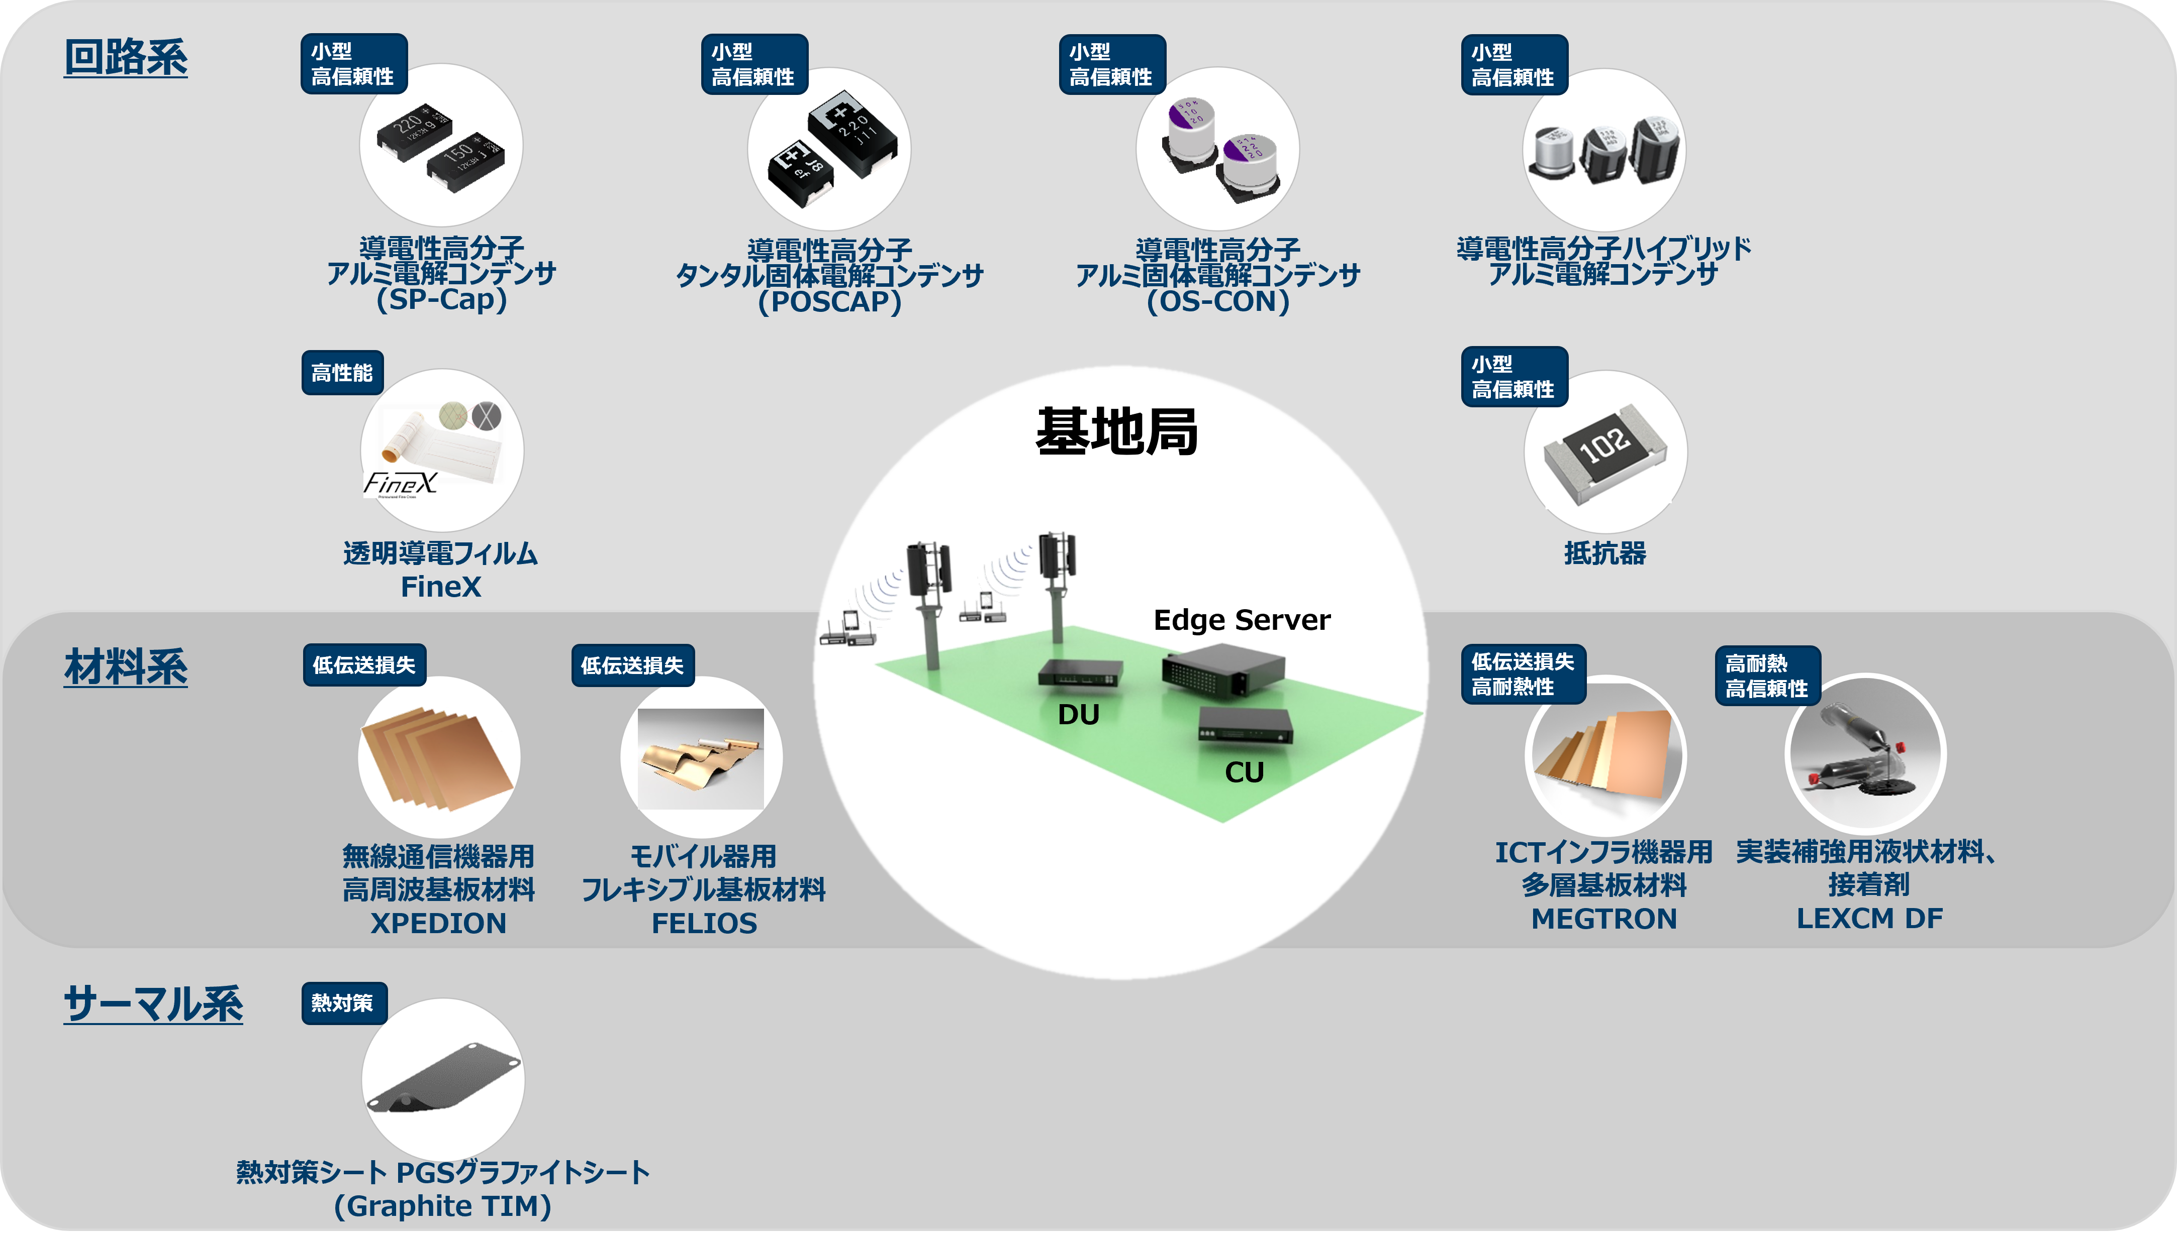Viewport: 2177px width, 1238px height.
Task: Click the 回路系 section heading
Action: pos(126,58)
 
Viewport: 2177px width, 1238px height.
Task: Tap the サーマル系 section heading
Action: pos(153,1003)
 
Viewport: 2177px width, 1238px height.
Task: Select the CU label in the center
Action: pos(1244,772)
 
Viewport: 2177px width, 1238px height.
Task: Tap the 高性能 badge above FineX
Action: pos(342,373)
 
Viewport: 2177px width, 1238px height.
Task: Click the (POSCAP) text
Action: pos(829,302)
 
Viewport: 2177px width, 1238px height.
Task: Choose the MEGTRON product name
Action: pos(1603,918)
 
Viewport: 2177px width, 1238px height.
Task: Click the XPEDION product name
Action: pos(438,923)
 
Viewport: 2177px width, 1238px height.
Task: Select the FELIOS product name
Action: pos(704,923)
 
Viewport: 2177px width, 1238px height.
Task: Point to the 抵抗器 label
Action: pos(1604,553)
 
